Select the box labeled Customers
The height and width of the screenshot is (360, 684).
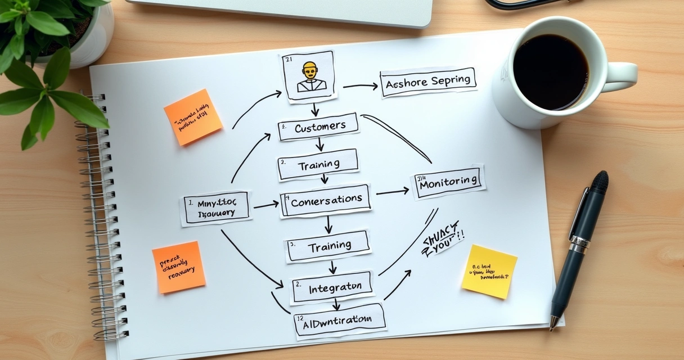click(x=319, y=127)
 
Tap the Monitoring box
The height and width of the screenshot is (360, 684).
click(x=449, y=182)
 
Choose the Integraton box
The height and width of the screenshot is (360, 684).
click(x=332, y=288)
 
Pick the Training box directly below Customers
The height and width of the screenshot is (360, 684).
click(x=318, y=164)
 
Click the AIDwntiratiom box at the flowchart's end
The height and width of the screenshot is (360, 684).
click(x=340, y=321)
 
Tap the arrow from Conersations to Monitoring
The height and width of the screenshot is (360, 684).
click(x=393, y=192)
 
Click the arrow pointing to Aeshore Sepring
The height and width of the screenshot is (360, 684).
click(x=361, y=86)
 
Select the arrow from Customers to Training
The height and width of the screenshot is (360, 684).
click(x=319, y=145)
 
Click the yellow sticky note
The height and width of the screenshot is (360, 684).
click(x=489, y=271)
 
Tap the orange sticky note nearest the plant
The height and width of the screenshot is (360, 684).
click(x=193, y=117)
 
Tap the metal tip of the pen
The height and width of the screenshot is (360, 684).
click(x=553, y=323)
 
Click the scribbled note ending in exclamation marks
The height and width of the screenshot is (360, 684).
click(x=443, y=239)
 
